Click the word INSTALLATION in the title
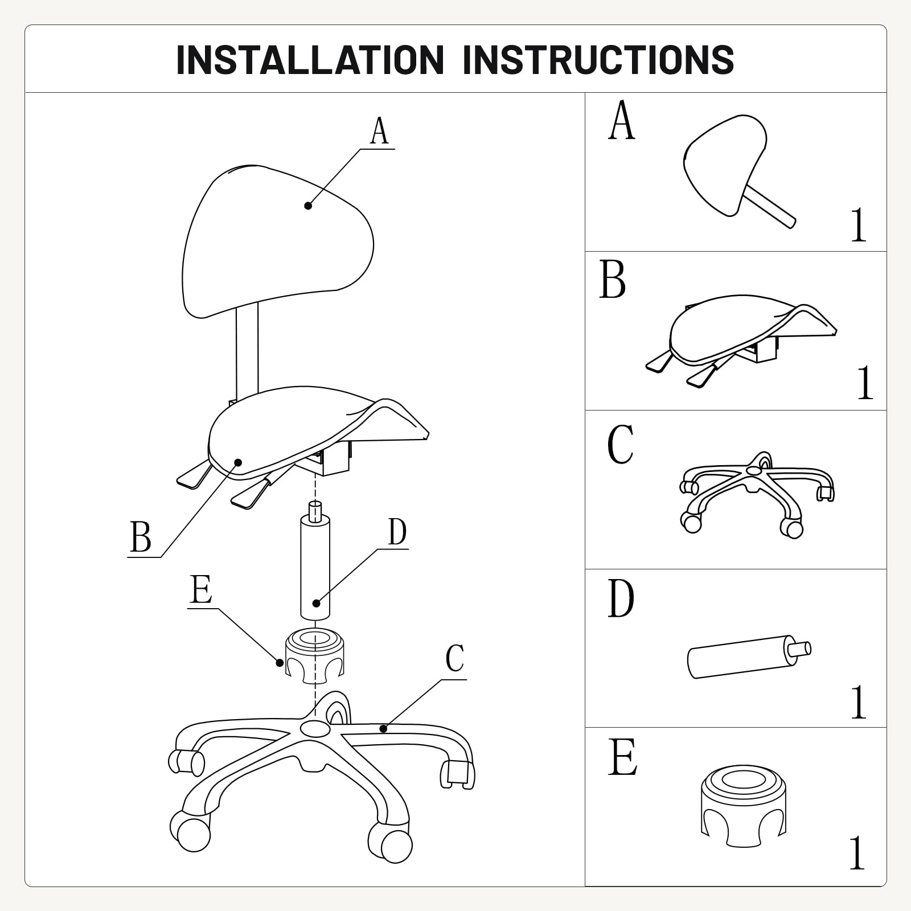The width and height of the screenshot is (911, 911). click(310, 59)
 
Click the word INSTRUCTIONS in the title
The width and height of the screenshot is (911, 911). click(598, 59)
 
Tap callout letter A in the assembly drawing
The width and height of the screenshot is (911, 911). click(379, 131)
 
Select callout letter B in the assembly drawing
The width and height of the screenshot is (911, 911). click(141, 536)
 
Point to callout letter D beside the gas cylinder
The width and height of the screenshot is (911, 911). click(397, 532)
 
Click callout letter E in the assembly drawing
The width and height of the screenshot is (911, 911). click(202, 589)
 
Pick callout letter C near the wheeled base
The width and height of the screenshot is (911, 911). click(455, 659)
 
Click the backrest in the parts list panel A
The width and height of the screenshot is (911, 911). click(738, 170)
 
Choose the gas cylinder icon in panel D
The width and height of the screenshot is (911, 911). click(749, 656)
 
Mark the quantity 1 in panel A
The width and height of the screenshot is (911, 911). click(859, 225)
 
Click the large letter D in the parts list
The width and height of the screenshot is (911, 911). click(621, 599)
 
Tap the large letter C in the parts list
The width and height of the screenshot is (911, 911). click(620, 445)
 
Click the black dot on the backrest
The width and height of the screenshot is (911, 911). click(308, 206)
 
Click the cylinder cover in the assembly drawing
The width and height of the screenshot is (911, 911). click(314, 655)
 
